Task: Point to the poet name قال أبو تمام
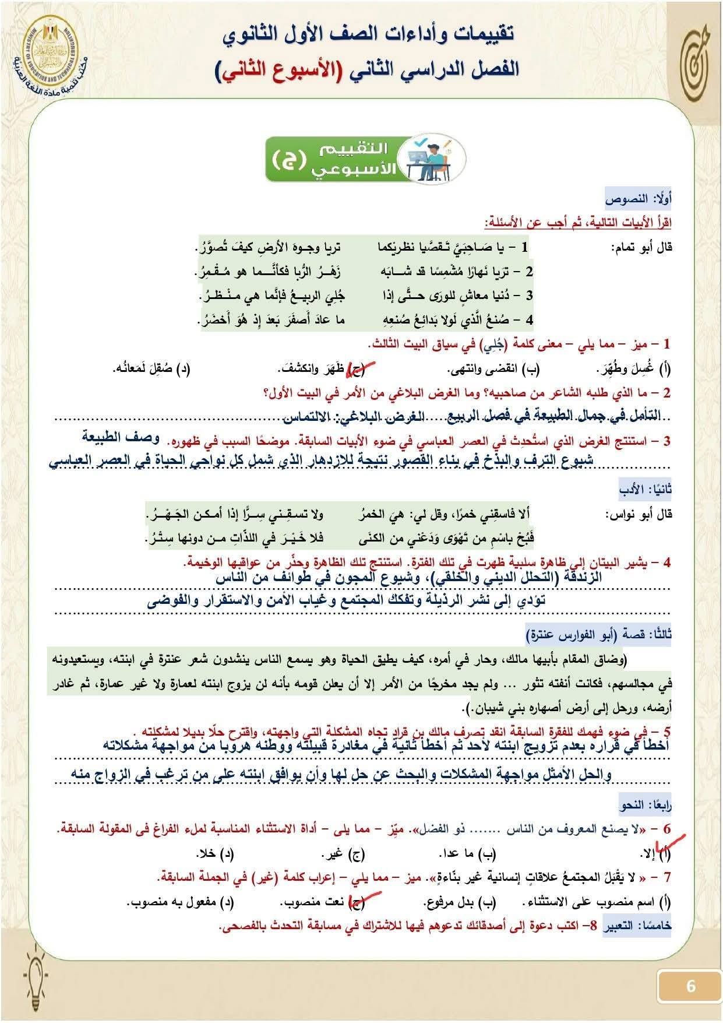click(x=641, y=248)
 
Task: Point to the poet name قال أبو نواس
click(x=639, y=515)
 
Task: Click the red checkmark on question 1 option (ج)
click(x=357, y=367)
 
